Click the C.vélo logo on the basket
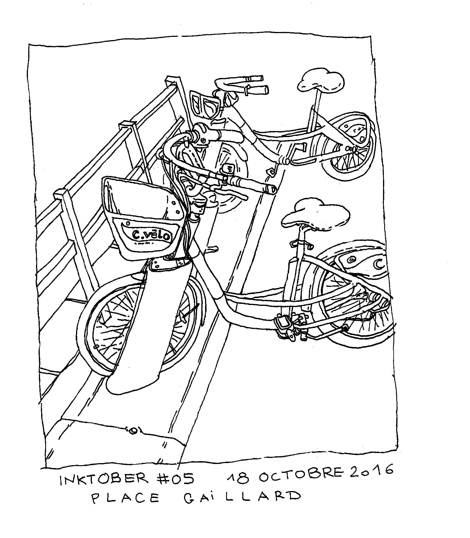click(x=151, y=234)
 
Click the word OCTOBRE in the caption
click(x=301, y=475)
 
